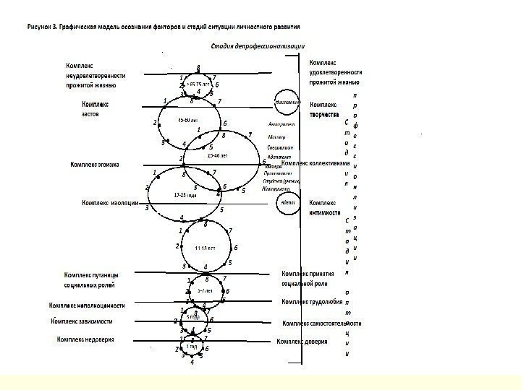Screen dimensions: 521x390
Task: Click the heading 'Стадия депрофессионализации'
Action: coord(257,47)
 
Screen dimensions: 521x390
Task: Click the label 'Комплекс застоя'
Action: coord(94,109)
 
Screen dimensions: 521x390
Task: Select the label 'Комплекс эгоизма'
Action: coord(95,165)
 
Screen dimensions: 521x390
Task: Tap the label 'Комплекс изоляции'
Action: coord(110,203)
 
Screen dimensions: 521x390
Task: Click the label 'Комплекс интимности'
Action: coord(325,208)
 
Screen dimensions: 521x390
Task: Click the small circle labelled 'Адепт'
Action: coord(287,204)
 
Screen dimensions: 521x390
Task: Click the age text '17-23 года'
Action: coord(186,196)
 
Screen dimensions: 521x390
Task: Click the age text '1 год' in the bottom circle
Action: coord(192,347)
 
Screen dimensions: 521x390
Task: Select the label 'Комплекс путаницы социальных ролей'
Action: coord(90,279)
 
